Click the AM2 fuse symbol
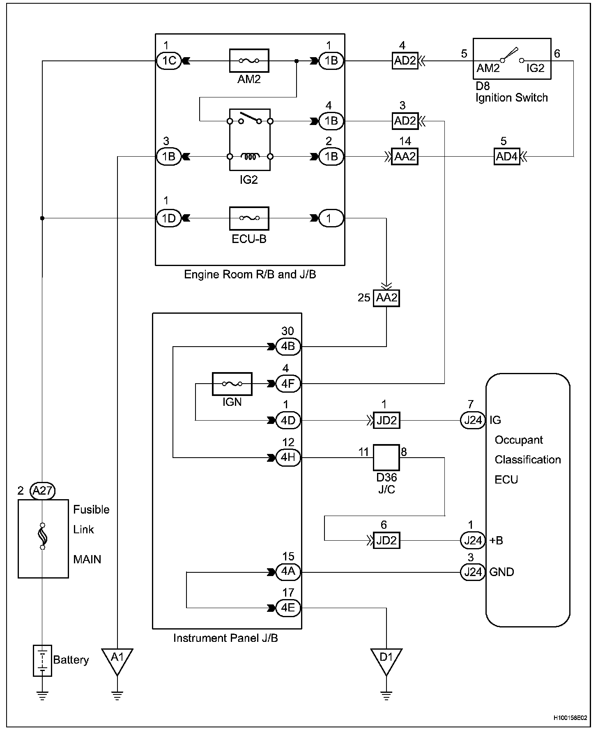249,61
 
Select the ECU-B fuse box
249,218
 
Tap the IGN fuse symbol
232,384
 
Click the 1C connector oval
169,61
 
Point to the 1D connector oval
169,218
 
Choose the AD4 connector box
507,157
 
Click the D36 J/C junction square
386,457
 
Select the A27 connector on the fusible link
43,491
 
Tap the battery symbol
42,660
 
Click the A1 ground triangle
117,659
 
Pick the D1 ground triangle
386,659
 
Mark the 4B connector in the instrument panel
288,346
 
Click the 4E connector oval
288,608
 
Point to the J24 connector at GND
473,572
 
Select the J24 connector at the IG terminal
473,420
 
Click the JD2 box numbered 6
386,540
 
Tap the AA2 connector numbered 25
386,298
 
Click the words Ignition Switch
512,98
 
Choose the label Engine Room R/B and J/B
250,274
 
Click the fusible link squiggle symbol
43,536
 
